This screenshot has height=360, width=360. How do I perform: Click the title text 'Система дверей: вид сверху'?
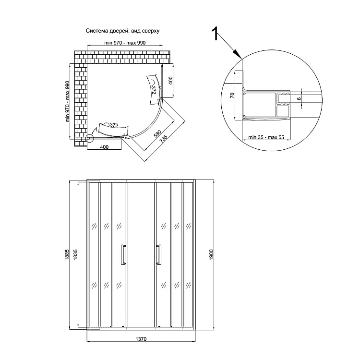point(122,30)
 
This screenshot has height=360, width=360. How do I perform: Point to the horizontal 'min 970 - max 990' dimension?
point(124,43)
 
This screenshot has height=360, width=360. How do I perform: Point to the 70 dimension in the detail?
point(231,95)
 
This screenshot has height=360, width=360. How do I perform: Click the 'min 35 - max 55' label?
point(264,137)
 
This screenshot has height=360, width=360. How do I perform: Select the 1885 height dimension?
point(68,253)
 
